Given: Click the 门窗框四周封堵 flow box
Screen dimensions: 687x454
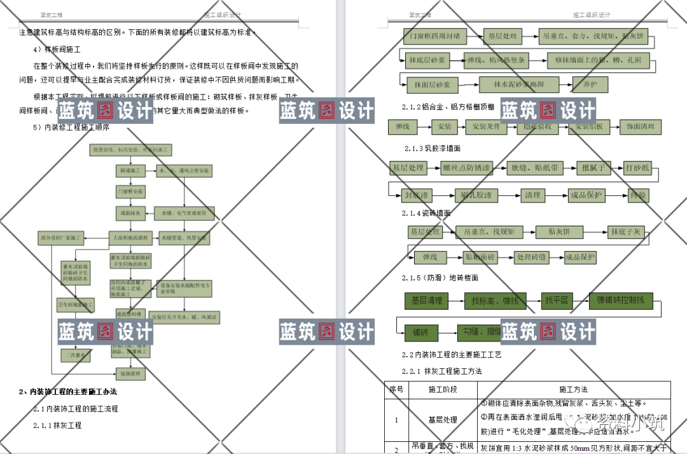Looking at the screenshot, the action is point(436,36).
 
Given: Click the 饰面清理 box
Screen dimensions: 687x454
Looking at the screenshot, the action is point(641,127).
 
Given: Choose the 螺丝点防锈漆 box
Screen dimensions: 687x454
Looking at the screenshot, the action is point(467,169).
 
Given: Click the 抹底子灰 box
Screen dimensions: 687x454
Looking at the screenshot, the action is point(627,232).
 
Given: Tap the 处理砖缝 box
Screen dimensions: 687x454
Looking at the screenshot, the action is point(532,258).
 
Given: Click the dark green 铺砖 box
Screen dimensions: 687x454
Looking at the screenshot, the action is point(421,333).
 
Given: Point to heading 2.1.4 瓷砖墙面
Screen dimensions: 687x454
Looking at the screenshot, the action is point(427,213).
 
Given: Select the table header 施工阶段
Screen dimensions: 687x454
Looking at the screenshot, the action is point(443,389).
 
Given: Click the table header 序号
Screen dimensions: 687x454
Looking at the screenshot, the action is point(396,389).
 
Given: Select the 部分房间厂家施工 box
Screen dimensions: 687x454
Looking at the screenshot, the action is point(62,238).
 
